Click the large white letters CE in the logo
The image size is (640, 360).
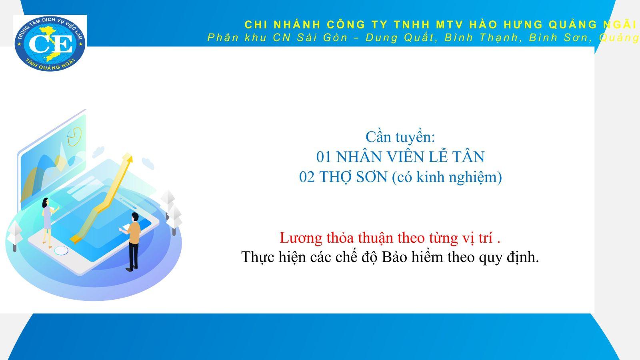tap(50, 44)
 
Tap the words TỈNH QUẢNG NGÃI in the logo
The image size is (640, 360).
tap(50, 65)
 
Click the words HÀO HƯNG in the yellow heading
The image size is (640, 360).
tap(506, 24)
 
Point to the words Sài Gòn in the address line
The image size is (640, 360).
tap(322, 38)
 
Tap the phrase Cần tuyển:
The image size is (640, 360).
tap(400, 137)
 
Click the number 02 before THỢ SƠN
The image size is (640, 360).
tap(308, 177)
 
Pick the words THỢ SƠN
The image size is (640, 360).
tap(353, 177)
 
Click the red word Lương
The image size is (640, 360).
tap(301, 238)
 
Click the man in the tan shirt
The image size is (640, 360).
tap(132, 242)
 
